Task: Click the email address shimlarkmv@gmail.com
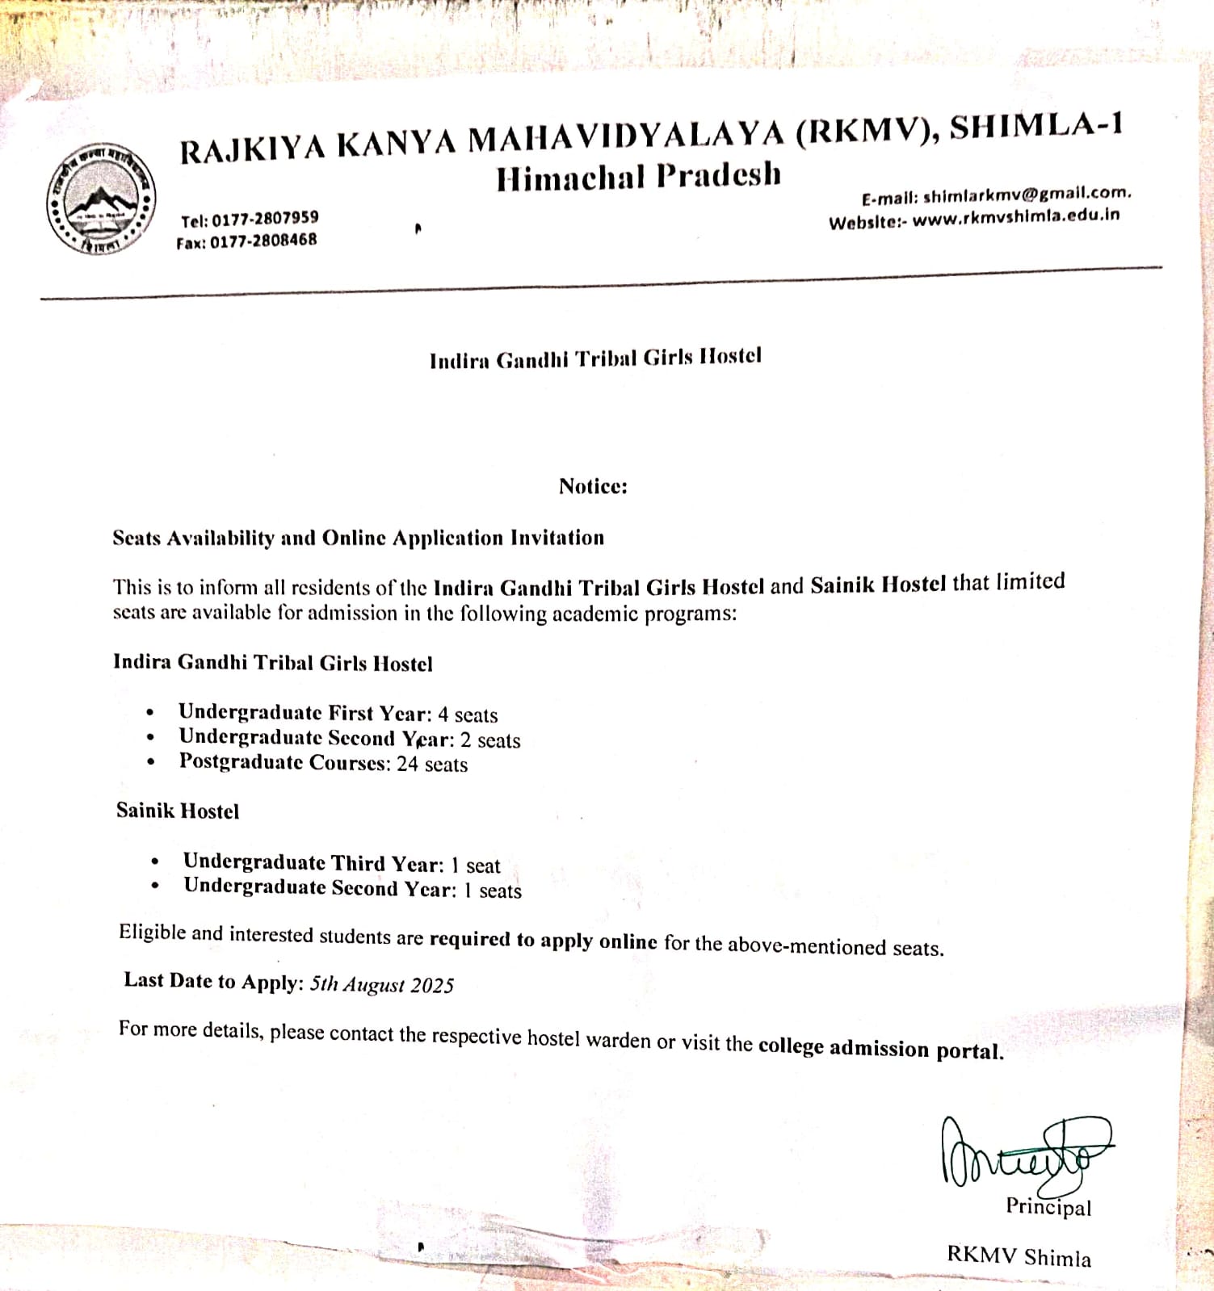coord(1027,195)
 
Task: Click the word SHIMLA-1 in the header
coord(1035,128)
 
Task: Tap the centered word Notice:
coord(593,486)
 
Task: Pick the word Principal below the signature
coord(1048,1206)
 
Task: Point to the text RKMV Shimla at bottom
coord(1019,1256)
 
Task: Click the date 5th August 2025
coord(382,984)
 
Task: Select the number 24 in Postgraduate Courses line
coord(407,764)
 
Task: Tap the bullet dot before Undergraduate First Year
coord(150,713)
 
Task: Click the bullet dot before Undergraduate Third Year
coord(154,861)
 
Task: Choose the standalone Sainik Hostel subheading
coord(178,811)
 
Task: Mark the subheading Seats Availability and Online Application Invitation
coord(358,538)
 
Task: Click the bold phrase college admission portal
coord(880,1048)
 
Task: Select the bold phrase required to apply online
coord(543,940)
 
